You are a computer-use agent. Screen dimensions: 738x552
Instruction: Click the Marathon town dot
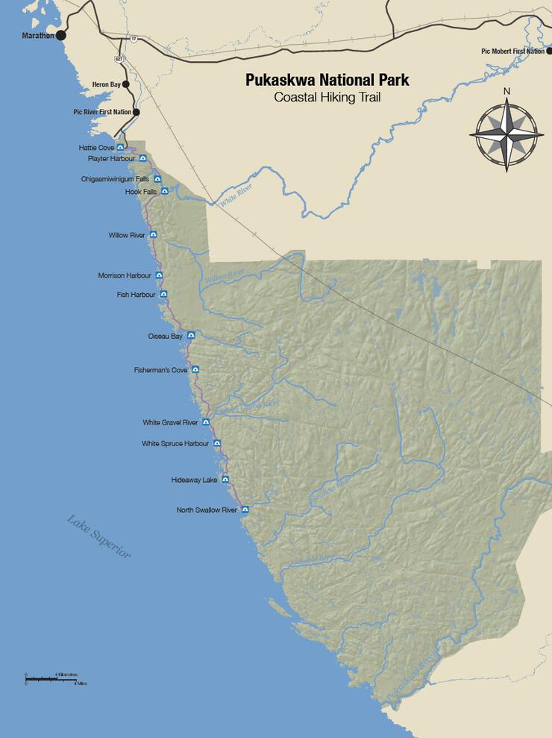(x=61, y=35)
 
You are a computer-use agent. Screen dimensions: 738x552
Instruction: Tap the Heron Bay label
(x=105, y=84)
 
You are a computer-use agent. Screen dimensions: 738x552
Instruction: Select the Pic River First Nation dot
(x=136, y=112)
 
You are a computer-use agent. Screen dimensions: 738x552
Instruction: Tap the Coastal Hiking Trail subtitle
(x=327, y=97)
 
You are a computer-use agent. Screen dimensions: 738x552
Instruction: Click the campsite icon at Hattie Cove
(x=119, y=148)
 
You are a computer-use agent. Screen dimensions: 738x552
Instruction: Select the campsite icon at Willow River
(x=153, y=235)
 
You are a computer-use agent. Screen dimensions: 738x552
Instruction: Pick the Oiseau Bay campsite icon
(x=191, y=336)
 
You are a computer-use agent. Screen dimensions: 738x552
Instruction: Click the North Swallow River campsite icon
(x=245, y=510)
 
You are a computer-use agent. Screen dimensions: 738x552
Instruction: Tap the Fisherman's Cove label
(x=160, y=369)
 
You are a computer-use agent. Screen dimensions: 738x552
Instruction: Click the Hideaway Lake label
(x=194, y=480)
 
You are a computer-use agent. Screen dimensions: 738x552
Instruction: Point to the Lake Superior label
(x=98, y=537)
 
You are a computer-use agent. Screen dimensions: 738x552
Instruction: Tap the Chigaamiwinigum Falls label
(x=115, y=179)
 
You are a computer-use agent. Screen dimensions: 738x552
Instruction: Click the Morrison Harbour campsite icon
(x=158, y=275)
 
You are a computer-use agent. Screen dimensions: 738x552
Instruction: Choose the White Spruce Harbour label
(x=175, y=443)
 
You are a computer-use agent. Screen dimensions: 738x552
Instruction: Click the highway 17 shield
(x=134, y=38)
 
